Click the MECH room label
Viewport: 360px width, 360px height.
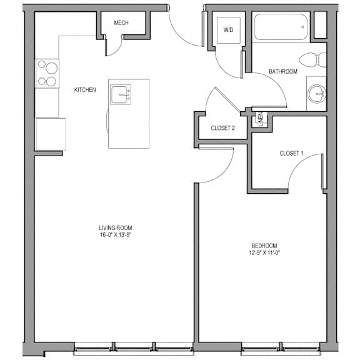(121, 22)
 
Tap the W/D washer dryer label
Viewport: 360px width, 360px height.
(229, 29)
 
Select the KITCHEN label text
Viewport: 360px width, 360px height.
(85, 90)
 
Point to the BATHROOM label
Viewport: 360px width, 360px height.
(283, 71)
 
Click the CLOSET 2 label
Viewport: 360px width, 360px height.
(222, 128)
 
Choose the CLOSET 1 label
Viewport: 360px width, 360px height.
(291, 153)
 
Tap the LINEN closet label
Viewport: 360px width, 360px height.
(261, 119)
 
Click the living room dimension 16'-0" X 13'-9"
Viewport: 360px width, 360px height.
(115, 235)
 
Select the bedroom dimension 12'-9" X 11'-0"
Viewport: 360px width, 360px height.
(264, 252)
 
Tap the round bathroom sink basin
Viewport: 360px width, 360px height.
(317, 94)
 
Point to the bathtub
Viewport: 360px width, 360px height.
(281, 27)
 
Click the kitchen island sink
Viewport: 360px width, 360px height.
(121, 94)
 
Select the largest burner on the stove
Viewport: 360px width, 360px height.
(51, 68)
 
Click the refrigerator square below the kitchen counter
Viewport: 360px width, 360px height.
(51, 134)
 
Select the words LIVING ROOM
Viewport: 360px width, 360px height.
(115, 227)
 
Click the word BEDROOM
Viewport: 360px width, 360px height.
(264, 246)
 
